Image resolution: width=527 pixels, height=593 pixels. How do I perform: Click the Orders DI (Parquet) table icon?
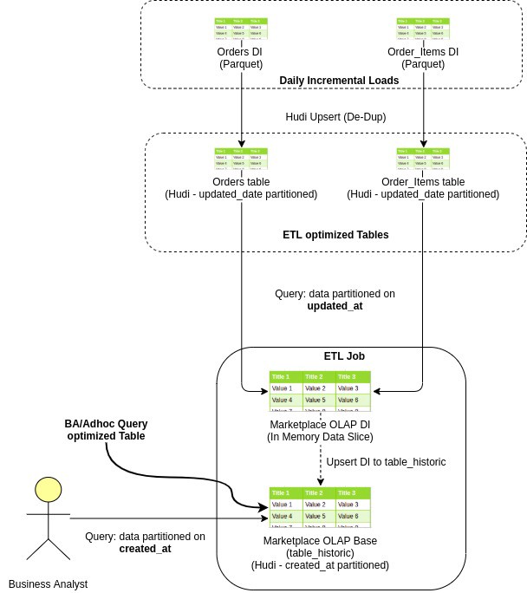click(241, 28)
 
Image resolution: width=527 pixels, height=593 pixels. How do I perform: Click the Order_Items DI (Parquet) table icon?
click(423, 28)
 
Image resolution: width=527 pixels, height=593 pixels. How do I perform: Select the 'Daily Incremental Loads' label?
click(339, 81)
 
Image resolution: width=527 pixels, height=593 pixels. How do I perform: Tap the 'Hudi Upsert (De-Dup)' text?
click(335, 116)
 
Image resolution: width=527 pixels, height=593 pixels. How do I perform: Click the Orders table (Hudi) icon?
click(241, 160)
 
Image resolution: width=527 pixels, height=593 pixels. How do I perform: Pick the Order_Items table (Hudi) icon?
click(423, 160)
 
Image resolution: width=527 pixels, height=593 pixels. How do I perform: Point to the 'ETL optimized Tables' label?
click(335, 234)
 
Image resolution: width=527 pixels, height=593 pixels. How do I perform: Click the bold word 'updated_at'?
click(335, 306)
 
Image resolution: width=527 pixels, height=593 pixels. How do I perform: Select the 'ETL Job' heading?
click(344, 355)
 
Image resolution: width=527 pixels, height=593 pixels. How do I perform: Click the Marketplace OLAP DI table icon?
click(320, 390)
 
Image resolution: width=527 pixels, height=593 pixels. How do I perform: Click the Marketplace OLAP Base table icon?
click(320, 506)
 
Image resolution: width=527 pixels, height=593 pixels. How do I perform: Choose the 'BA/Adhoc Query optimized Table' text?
click(106, 430)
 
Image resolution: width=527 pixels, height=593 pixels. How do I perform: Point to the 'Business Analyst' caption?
click(48, 583)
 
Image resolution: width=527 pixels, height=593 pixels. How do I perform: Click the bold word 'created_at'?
click(145, 549)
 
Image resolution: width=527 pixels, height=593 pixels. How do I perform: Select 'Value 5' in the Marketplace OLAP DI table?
click(319, 400)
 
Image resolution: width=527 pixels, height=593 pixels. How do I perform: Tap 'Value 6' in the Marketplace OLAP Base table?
click(353, 516)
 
